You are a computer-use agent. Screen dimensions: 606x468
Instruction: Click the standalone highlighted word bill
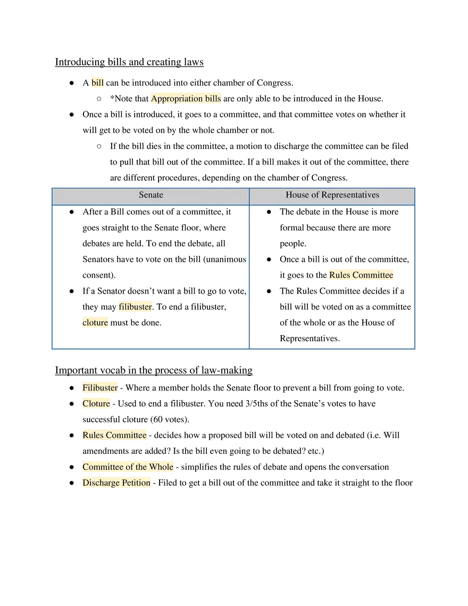coord(98,82)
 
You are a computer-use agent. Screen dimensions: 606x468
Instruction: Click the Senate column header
coord(151,195)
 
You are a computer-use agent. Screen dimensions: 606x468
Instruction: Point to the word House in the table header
coord(297,195)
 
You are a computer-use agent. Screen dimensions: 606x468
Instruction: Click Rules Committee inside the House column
coord(361,275)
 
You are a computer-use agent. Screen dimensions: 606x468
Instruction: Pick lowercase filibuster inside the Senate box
coord(135,306)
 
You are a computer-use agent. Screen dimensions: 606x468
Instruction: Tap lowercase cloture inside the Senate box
coord(95,323)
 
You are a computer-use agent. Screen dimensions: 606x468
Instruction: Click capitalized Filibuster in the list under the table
coord(100,388)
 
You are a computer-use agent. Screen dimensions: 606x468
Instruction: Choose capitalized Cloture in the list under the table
coord(96,404)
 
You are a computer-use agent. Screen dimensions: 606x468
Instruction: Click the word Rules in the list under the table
coord(93,435)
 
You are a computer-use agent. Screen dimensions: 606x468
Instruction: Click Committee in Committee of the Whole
coord(103,467)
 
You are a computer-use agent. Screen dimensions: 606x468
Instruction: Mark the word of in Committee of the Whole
coord(129,467)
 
